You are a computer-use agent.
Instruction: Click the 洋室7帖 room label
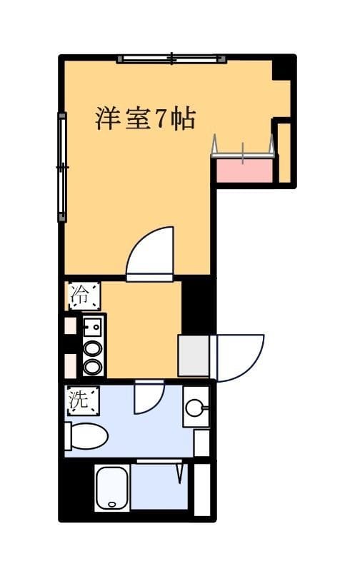tap(146, 118)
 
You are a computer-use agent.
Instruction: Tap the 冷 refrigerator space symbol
tap(84, 295)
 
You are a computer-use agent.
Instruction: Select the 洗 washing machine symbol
tap(82, 400)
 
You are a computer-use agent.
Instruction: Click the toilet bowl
tap(86, 436)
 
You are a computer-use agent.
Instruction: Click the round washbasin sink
tap(195, 408)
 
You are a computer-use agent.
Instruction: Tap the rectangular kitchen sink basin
tap(92, 326)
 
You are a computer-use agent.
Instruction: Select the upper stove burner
tap(92, 348)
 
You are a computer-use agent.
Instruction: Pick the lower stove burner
tap(92, 367)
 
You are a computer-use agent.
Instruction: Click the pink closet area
tap(244, 171)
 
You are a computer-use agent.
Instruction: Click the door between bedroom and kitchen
tap(150, 254)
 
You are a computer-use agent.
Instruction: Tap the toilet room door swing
tap(149, 397)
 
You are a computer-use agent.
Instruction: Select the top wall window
tap(171, 59)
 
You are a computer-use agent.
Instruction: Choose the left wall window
tap(62, 167)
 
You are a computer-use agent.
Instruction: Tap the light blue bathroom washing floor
tap(159, 487)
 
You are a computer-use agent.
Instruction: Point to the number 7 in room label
tap(161, 118)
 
